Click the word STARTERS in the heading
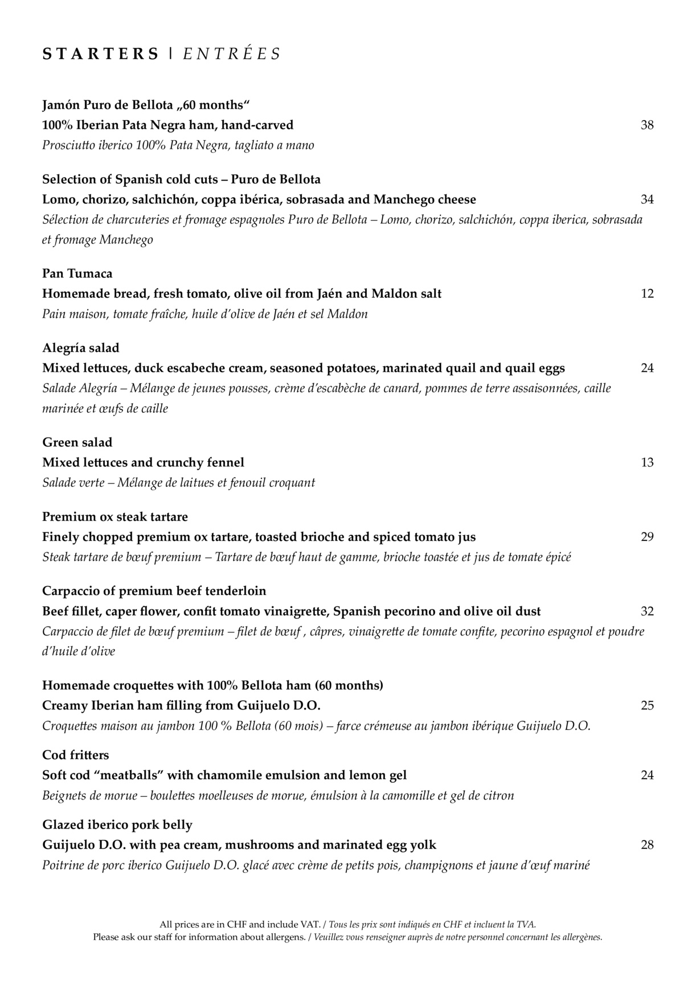[x=100, y=54]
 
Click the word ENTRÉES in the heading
[x=232, y=54]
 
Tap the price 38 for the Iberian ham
[x=647, y=125]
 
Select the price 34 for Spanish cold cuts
[x=647, y=199]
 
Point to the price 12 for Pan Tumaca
[x=647, y=294]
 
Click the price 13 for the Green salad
[x=647, y=462]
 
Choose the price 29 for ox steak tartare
[x=647, y=537]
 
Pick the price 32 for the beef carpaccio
[x=647, y=612]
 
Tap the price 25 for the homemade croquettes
[x=647, y=706]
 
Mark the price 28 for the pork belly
[x=647, y=845]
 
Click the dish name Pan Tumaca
[x=77, y=274]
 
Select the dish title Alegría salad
[x=81, y=348]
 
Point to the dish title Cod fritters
[x=76, y=755]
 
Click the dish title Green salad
[x=77, y=442]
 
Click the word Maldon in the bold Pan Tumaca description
[x=394, y=294]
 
